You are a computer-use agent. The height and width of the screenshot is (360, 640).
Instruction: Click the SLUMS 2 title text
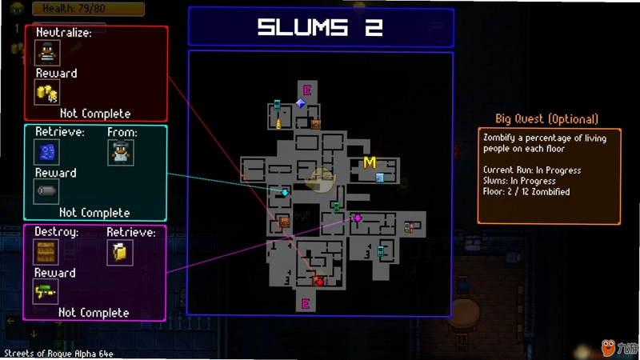pyautogui.click(x=321, y=27)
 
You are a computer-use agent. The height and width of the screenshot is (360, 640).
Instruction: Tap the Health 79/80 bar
pyautogui.click(x=88, y=9)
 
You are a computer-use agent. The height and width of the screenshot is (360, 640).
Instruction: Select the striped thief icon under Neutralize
pyautogui.click(x=47, y=53)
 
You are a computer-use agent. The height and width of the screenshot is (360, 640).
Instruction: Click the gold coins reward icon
pyautogui.click(x=47, y=93)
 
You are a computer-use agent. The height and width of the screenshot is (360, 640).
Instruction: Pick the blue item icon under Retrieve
pyautogui.click(x=46, y=152)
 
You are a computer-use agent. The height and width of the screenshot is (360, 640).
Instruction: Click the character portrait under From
pyautogui.click(x=121, y=152)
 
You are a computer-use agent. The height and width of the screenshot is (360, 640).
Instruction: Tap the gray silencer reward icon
pyautogui.click(x=46, y=191)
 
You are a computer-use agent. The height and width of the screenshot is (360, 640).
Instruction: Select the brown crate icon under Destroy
pyautogui.click(x=46, y=252)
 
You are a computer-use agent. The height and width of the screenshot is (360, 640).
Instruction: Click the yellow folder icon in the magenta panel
pyautogui.click(x=119, y=252)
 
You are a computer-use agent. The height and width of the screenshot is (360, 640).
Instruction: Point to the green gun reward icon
pyautogui.click(x=46, y=291)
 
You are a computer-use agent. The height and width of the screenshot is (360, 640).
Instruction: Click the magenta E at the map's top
pyautogui.click(x=307, y=90)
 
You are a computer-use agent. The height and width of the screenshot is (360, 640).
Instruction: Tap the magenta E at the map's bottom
pyautogui.click(x=306, y=304)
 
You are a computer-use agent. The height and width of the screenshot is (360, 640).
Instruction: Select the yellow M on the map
pyautogui.click(x=370, y=162)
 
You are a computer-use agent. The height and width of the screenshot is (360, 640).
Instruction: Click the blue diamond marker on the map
pyautogui.click(x=301, y=103)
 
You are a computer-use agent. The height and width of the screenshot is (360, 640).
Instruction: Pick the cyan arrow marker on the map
pyautogui.click(x=285, y=192)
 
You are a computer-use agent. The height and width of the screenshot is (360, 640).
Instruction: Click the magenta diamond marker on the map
pyautogui.click(x=358, y=218)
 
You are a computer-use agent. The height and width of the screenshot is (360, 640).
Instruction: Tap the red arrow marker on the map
pyautogui.click(x=321, y=282)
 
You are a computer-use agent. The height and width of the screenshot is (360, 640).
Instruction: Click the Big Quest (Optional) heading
pyautogui.click(x=547, y=118)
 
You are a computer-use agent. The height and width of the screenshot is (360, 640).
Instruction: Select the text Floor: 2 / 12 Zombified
pyautogui.click(x=526, y=192)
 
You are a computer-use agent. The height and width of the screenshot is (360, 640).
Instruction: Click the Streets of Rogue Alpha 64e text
pyautogui.click(x=58, y=354)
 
